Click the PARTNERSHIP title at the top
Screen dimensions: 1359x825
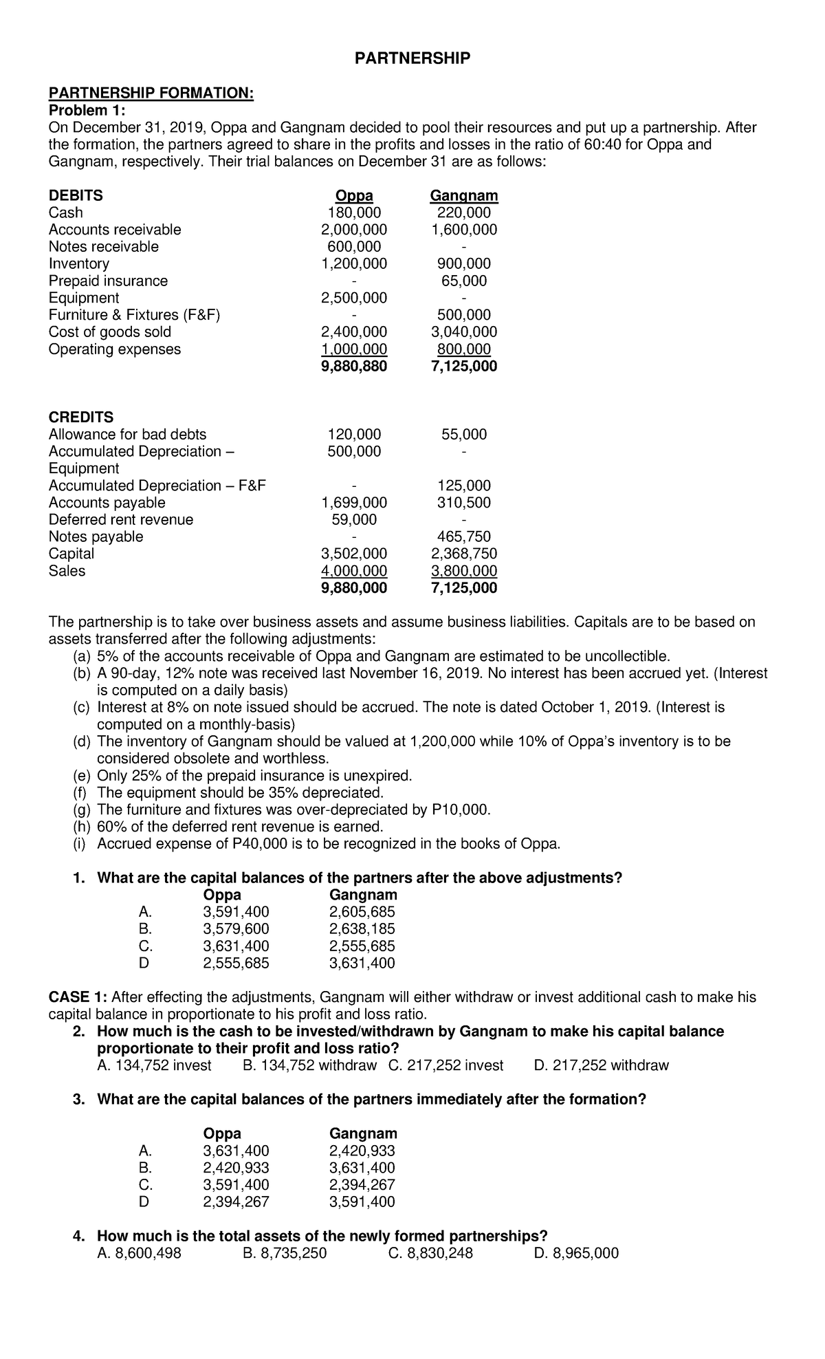click(412, 58)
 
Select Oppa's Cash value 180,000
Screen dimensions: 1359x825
click(354, 213)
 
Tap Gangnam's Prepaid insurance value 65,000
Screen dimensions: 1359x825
click(463, 281)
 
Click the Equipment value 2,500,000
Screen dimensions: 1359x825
click(354, 298)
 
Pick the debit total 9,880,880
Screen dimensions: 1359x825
click(354, 367)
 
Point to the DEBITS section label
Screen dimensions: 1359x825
click(76, 195)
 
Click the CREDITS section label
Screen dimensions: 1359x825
click(80, 417)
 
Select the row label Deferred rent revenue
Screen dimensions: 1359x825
click(120, 520)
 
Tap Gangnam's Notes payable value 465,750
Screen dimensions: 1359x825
click(463, 536)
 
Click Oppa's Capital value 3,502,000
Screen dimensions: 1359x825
click(354, 554)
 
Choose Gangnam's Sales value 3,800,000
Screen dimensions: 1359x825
click(463, 571)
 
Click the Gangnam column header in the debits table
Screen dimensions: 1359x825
click(463, 195)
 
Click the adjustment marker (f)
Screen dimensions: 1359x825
click(81, 793)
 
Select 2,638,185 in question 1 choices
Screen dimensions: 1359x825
click(362, 929)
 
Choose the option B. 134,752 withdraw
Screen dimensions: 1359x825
click(310, 1065)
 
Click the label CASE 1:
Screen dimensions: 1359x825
click(78, 997)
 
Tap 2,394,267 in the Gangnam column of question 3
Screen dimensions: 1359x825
click(362, 1184)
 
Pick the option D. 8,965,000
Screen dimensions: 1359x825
click(576, 1253)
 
